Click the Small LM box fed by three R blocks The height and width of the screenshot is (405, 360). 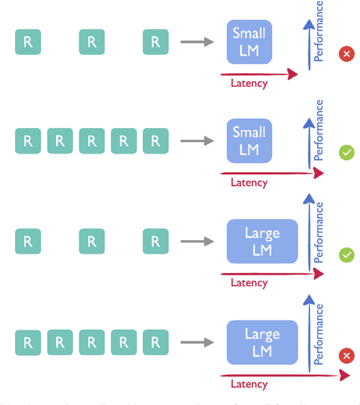coord(249,42)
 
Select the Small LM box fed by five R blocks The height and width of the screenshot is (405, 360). coord(249,141)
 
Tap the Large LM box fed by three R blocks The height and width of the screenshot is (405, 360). coord(262,241)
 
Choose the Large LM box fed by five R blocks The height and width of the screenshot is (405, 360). coord(262,342)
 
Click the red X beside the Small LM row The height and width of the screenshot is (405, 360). coord(346,54)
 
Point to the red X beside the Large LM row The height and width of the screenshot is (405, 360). coord(346,355)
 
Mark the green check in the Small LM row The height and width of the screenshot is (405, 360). coord(346,152)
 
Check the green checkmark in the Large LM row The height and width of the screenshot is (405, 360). coord(346,255)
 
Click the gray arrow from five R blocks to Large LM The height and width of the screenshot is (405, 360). coord(197,342)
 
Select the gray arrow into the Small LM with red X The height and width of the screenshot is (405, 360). coord(197,42)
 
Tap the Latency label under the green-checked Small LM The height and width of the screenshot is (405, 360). coord(249,182)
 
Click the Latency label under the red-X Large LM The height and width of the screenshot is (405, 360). coord(249,384)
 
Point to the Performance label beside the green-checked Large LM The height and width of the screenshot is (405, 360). coord(319,233)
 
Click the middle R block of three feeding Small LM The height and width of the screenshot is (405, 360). coord(92,42)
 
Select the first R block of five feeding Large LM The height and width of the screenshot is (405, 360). coord(28,342)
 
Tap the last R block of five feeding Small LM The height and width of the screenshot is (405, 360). coord(156,141)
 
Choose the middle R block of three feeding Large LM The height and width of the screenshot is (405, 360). coord(92,241)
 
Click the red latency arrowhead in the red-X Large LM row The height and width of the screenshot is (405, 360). coord(343,374)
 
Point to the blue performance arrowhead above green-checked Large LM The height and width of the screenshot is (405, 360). coord(308,200)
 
